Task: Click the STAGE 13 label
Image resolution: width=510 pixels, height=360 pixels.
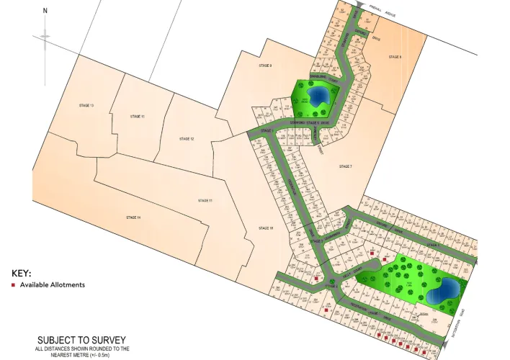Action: (86, 106)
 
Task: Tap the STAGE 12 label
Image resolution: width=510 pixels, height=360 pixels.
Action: (187, 138)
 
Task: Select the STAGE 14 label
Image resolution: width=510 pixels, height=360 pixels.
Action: (133, 217)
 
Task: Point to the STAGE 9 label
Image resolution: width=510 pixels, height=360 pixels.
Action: (265, 66)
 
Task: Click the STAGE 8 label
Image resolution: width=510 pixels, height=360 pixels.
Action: (395, 56)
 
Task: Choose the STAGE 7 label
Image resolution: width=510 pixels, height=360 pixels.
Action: (345, 166)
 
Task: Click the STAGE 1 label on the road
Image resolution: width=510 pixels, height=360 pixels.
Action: (265, 130)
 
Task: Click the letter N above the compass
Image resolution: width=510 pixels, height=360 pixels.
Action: (45, 12)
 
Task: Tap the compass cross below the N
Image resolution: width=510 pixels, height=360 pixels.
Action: (45, 36)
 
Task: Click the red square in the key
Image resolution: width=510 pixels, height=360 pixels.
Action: (13, 285)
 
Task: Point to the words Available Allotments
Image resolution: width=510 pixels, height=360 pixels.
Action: (52, 285)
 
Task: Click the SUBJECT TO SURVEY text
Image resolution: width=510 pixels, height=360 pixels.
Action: (82, 340)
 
